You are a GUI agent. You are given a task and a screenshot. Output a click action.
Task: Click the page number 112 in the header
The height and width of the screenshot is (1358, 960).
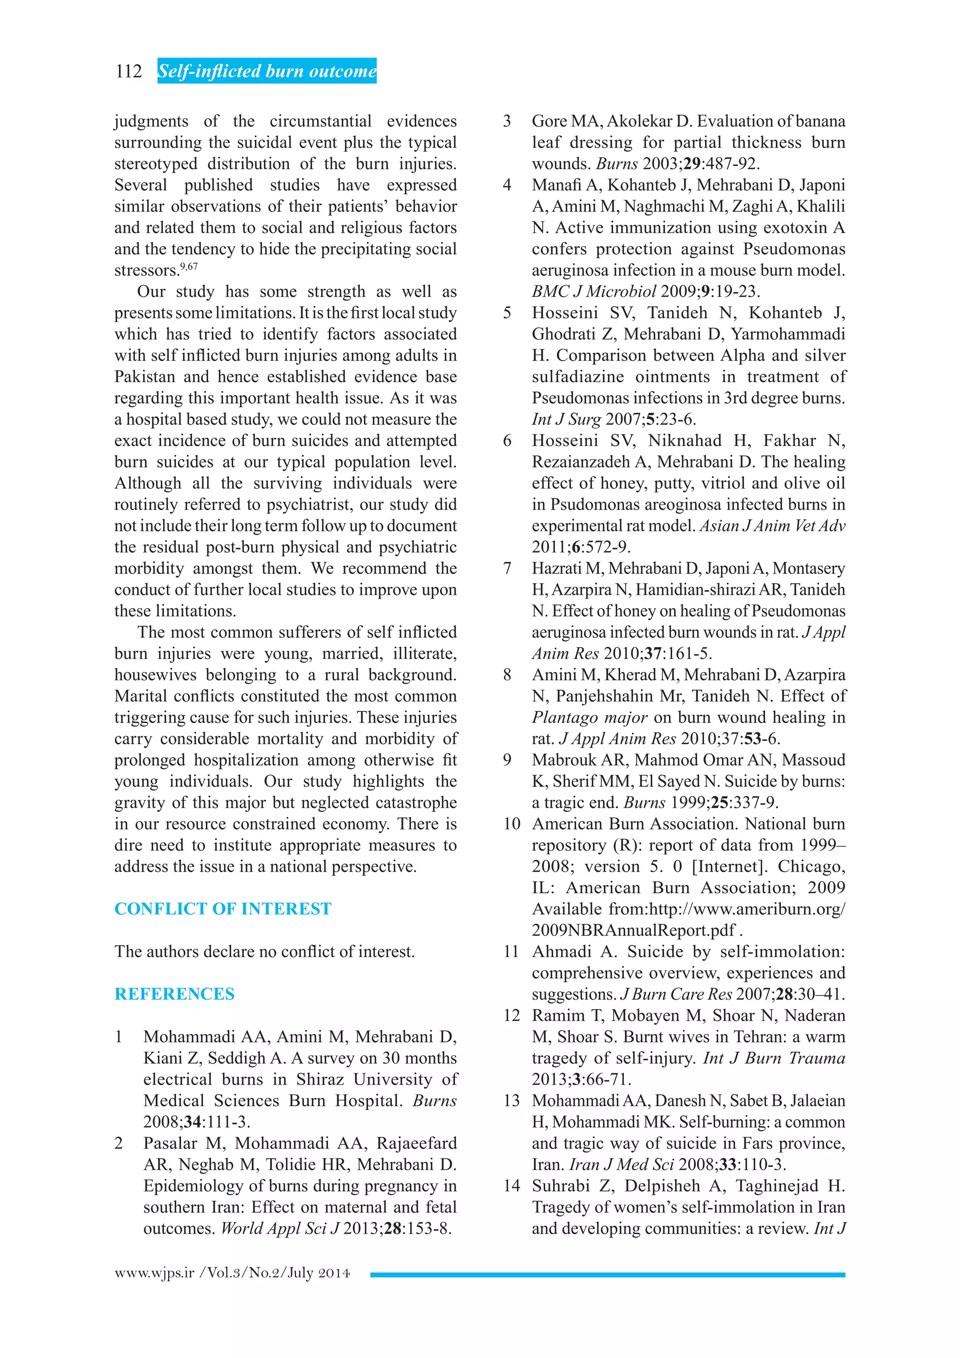pos(129,72)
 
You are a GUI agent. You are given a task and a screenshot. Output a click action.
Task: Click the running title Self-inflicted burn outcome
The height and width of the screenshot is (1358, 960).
pos(267,72)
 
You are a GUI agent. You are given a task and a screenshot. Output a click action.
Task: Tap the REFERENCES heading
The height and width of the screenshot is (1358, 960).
pos(174,994)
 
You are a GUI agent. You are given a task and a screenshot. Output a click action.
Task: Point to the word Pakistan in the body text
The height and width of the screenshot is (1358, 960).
pos(144,377)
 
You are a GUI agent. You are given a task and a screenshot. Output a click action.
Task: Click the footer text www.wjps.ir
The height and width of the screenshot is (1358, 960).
pos(155,1273)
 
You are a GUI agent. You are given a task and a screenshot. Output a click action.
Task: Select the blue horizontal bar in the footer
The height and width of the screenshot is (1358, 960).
pos(607,1275)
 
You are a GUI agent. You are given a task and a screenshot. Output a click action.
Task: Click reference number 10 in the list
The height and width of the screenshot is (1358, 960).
pos(512,824)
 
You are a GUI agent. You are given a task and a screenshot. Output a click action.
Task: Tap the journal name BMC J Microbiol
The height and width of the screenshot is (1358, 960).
pos(593,292)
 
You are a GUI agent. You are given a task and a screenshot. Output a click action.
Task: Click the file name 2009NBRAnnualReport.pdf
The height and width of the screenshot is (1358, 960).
pos(634,930)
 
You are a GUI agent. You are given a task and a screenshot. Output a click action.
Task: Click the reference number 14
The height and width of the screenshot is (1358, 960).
pos(512,1186)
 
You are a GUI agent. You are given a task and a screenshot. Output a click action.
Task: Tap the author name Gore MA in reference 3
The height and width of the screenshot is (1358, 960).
pos(566,121)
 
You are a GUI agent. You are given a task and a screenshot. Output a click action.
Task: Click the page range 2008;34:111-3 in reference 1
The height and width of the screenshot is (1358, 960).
pos(197,1122)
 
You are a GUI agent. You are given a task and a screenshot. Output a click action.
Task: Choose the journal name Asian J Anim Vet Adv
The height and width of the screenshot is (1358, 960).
pos(772,526)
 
